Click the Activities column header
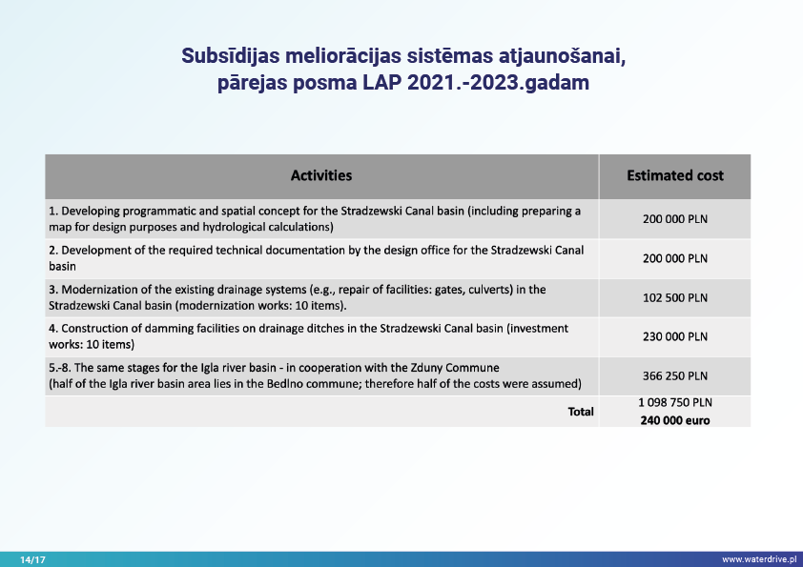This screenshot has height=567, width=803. coord(321,175)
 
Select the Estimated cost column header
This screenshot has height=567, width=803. coord(674,175)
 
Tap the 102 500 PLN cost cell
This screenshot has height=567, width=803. coord(674,297)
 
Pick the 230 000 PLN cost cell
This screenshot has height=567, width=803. coord(674,336)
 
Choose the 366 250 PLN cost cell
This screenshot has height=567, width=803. coord(674,375)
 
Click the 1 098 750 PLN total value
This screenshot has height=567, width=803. coord(674,403)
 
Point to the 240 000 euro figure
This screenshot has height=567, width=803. coord(674,420)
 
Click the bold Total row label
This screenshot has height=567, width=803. coord(581,412)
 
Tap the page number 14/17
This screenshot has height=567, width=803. coord(32,559)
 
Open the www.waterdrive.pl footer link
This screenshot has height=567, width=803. coord(758,559)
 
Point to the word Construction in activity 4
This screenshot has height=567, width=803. coord(93,328)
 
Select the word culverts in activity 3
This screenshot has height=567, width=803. coord(473,289)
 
